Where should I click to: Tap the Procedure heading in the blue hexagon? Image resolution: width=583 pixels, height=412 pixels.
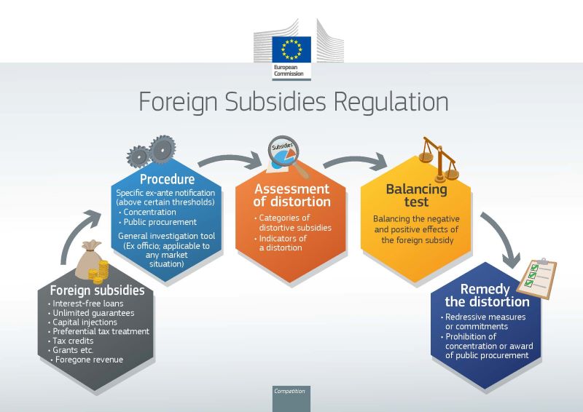(167, 179)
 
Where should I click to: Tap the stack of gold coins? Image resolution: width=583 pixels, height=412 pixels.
(97, 276)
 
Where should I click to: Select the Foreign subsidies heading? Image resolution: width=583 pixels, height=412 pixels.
(97, 290)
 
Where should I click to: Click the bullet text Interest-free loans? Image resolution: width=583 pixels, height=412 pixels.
(84, 303)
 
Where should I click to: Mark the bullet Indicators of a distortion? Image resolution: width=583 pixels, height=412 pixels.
(283, 243)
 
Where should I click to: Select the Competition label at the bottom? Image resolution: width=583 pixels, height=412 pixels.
(289, 392)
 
